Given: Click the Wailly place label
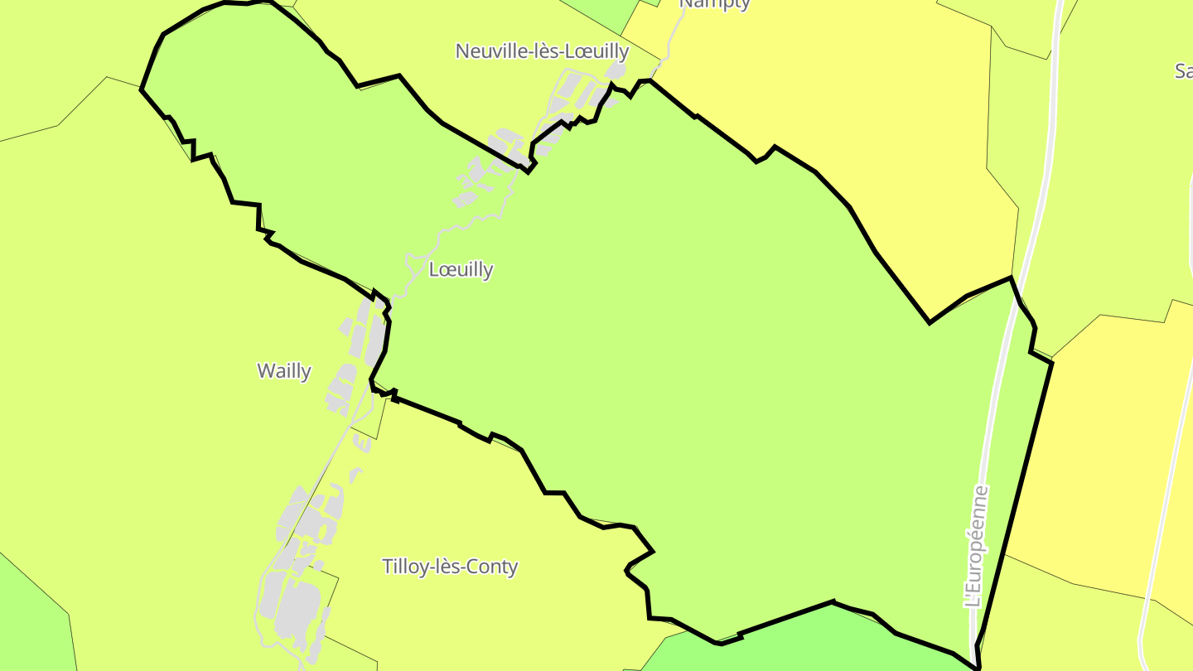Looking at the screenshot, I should click(x=284, y=370).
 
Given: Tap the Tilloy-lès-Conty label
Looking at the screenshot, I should click(x=450, y=567).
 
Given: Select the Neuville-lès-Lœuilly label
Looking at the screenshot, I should click(x=542, y=51).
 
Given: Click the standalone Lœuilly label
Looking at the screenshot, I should click(x=461, y=269).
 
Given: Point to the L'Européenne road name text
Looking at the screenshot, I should click(x=978, y=547).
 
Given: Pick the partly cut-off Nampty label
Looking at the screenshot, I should click(x=714, y=4).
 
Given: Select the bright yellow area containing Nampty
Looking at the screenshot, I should click(x=828, y=75).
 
